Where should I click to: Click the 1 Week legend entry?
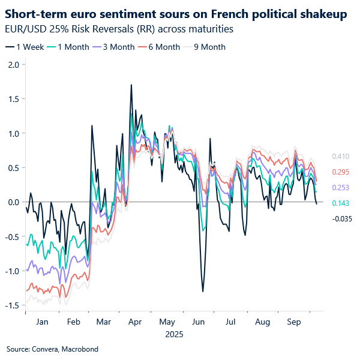pos(25,47)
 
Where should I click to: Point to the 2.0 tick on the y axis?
pos(13,64)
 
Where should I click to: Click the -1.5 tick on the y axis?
pos(11,305)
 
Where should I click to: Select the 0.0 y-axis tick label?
pos(13,202)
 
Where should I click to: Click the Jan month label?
pos(42,322)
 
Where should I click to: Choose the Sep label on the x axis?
pos(293,322)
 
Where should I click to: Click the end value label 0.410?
pos(341,157)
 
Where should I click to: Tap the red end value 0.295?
pos(341,172)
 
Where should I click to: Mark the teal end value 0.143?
pos(341,203)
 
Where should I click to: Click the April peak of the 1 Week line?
pos(131,85)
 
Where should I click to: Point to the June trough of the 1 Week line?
pos(203,292)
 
